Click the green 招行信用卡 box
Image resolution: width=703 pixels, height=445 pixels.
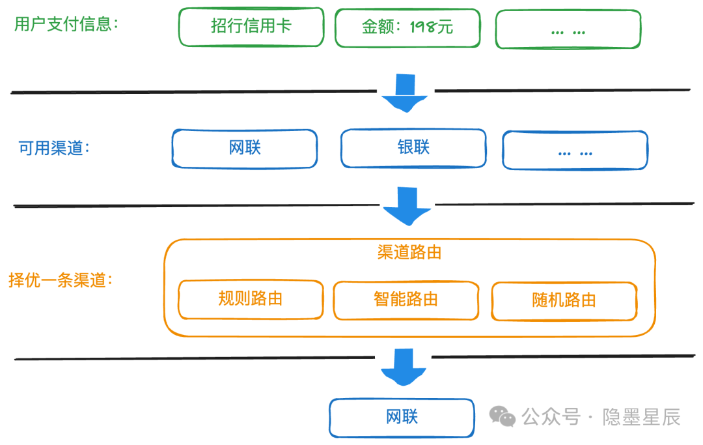[251, 27]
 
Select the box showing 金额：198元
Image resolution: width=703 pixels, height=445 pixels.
[407, 28]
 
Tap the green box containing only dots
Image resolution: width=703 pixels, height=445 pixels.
[568, 29]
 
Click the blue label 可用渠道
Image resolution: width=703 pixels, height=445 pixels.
[54, 148]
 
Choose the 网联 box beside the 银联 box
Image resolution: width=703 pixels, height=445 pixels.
[245, 149]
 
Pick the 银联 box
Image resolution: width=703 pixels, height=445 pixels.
[413, 148]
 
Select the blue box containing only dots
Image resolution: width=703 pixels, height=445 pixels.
[575, 151]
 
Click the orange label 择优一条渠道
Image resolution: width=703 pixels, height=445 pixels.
[60, 280]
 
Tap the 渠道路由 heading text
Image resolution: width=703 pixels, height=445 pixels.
[409, 252]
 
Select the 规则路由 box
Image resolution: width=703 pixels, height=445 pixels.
[251, 300]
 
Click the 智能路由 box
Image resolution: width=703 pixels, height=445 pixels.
[406, 300]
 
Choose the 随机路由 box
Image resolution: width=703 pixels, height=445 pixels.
[564, 301]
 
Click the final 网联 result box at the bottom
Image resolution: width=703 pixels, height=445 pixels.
[402, 418]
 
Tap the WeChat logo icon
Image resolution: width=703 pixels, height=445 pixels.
[502, 416]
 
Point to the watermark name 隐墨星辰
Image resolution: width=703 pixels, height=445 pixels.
[641, 417]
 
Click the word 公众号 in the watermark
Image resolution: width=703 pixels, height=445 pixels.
[551, 417]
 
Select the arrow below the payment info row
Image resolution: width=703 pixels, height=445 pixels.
[405, 93]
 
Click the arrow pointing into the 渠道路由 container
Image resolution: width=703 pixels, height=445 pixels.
[407, 207]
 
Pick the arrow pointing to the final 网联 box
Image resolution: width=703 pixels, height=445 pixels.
[404, 367]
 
